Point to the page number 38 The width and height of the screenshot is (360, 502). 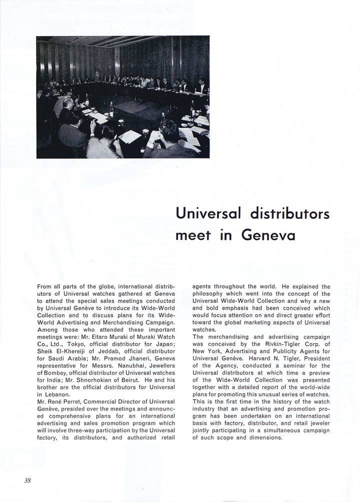[27, 481]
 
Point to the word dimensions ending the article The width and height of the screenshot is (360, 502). [265, 438]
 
